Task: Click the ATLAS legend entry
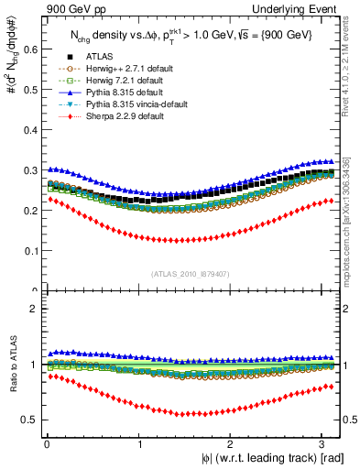pos(87,55)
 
